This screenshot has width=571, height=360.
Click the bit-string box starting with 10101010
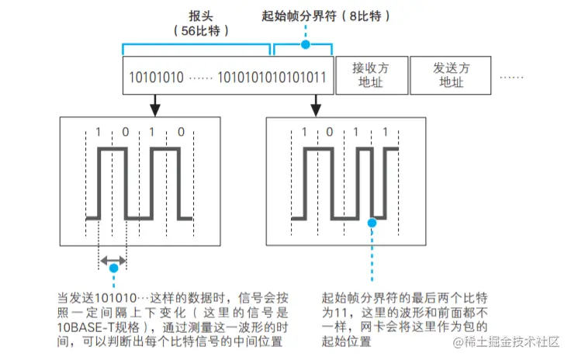pos(228,76)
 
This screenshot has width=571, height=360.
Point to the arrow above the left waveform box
pos(154,102)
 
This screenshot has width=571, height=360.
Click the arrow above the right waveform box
pos(316,102)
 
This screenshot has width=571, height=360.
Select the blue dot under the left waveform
pos(113,268)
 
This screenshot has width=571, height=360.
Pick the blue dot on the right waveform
pos(372,223)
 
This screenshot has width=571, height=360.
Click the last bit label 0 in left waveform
pos(181,132)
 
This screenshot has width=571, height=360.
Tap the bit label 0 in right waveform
pos(331,132)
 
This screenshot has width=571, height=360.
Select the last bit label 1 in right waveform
pos(386,132)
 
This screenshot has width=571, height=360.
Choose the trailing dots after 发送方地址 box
pos(511,76)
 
